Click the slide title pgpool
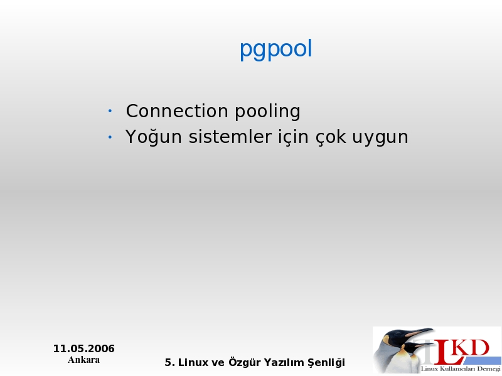coord(275,50)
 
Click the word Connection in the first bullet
coord(177,111)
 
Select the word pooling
coord(268,112)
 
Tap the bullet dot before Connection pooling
coord(110,111)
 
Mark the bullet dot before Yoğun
coord(110,137)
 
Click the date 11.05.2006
coord(84,348)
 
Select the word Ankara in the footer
coord(84,360)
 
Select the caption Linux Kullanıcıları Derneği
coord(461,369)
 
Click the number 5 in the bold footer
coord(168,363)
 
